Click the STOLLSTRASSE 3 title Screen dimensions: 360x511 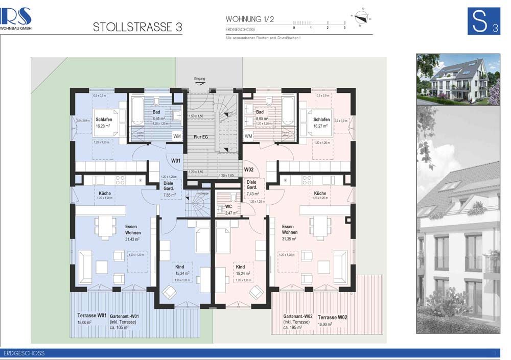tap(137, 28)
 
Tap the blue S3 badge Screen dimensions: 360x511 tap(483, 21)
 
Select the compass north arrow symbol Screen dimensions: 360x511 tap(361, 17)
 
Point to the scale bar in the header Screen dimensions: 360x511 tap(319, 23)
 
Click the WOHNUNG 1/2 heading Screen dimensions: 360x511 tap(250, 19)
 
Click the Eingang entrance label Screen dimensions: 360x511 tap(200, 79)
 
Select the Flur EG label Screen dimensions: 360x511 tap(200, 137)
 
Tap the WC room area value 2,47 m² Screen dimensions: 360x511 tap(231, 212)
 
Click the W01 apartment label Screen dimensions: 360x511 tap(176, 161)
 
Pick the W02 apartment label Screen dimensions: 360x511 tap(249, 169)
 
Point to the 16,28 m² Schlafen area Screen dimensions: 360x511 tap(104, 126)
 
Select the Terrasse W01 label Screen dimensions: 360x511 tap(92, 316)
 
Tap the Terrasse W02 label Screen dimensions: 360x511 tap(333, 317)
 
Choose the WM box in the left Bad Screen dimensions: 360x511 tap(177, 136)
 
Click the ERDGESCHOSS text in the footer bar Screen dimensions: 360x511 tap(24, 353)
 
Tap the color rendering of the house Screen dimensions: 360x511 tap(458, 79)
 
